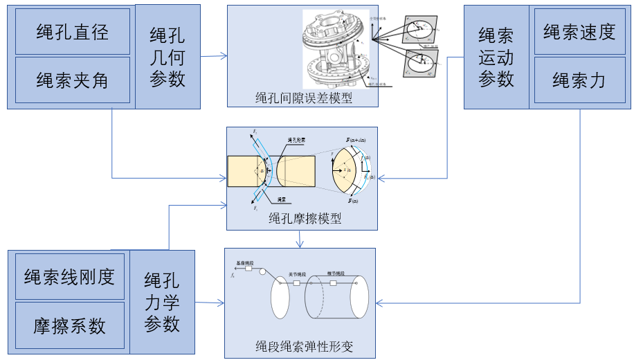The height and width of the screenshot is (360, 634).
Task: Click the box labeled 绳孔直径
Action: tap(72, 32)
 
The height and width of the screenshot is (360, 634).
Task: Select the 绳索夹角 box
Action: tap(72, 80)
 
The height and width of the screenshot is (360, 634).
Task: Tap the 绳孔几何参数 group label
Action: tap(167, 56)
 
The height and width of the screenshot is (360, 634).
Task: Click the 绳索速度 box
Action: tap(579, 32)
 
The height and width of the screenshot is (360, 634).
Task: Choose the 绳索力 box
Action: tap(579, 80)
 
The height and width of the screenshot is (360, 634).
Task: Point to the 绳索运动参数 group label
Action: tap(496, 56)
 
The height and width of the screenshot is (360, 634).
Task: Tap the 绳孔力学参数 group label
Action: tap(162, 302)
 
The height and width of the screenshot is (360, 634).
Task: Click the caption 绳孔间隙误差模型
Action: tap(303, 98)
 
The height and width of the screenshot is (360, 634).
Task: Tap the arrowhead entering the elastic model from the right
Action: tap(380, 303)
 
